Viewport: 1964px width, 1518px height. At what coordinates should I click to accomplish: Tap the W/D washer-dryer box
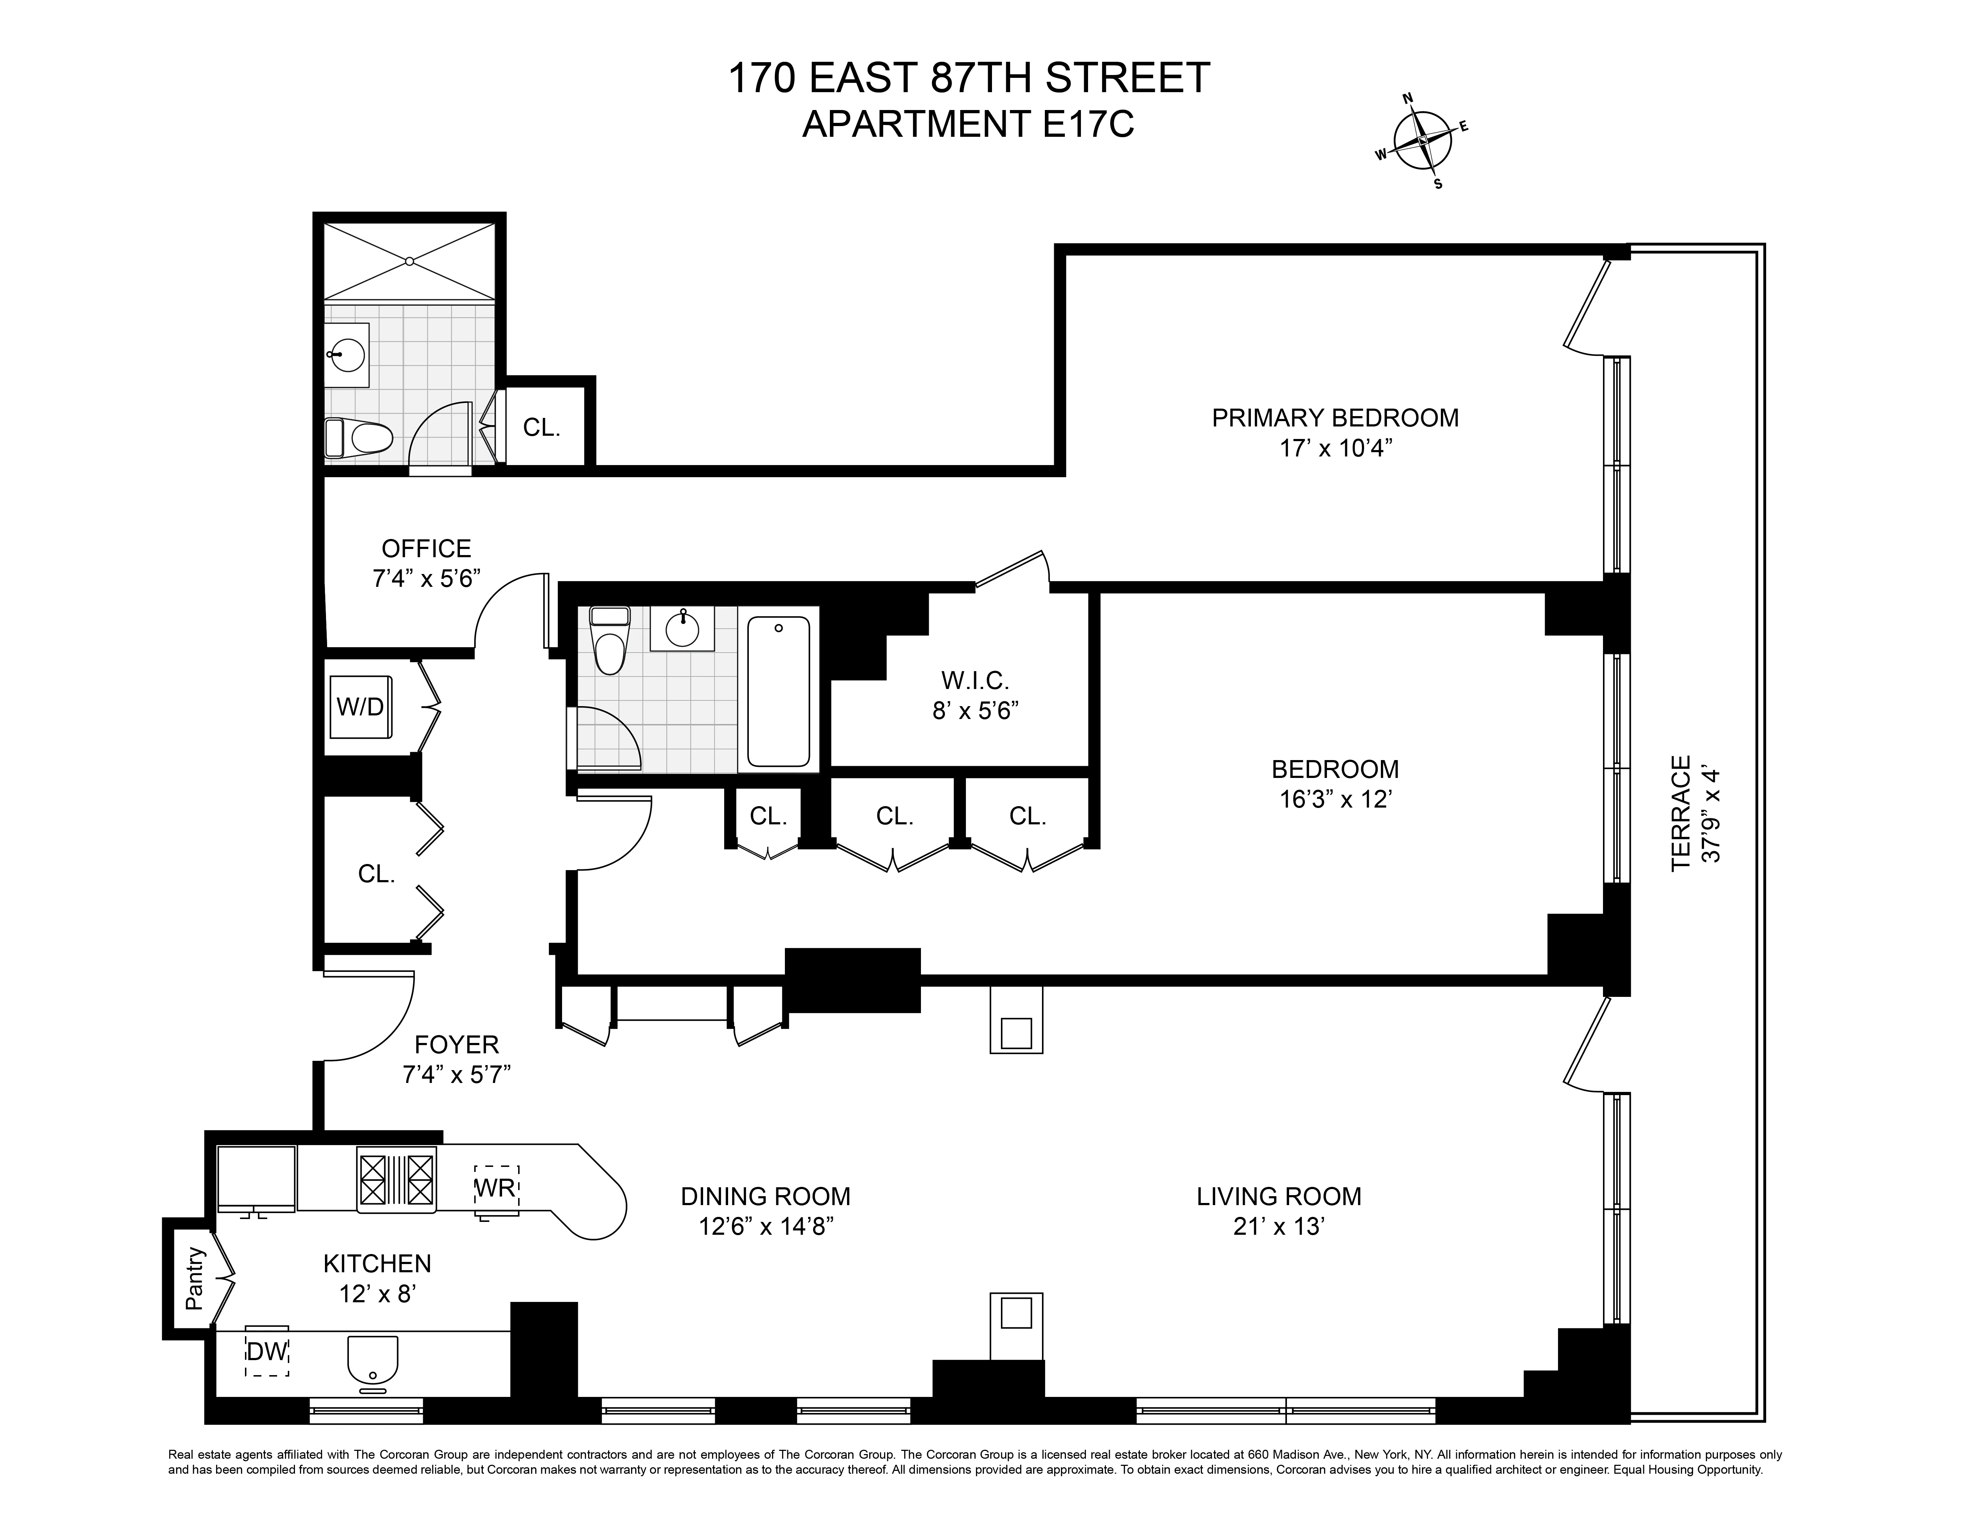361,707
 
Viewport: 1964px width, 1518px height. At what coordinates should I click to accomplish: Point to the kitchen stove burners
397,1179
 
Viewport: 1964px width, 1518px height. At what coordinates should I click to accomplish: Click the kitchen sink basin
372,1360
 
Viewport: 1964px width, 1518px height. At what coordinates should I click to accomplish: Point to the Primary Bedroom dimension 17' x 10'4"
1336,448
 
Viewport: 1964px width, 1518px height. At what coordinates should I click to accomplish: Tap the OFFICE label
426,549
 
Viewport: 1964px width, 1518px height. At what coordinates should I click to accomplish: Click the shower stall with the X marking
409,261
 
